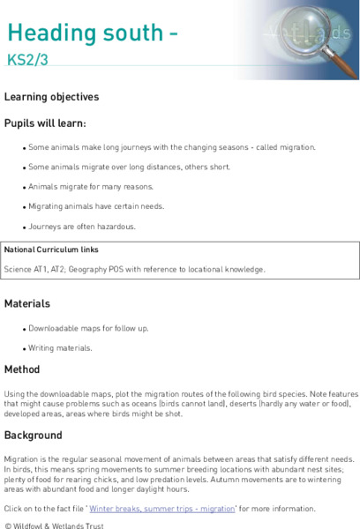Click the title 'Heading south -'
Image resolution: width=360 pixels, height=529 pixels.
(94, 33)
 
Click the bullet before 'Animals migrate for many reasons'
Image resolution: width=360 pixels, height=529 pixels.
(25, 188)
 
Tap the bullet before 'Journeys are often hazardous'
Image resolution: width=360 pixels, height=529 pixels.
(25, 227)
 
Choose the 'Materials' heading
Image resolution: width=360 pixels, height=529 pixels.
(28, 303)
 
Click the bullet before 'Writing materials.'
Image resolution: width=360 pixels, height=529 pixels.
(25, 349)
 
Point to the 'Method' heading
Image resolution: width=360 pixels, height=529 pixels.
(22, 369)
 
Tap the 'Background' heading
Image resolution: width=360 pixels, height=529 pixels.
(34, 435)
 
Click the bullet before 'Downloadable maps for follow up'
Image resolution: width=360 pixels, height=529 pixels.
(25, 329)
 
